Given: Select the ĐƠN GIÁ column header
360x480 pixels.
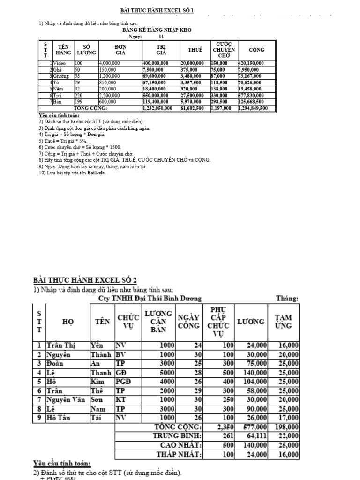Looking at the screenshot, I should [120, 50].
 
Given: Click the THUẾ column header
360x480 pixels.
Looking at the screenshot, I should [195, 50].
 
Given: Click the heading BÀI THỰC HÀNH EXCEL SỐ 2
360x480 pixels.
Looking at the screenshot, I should [85, 280].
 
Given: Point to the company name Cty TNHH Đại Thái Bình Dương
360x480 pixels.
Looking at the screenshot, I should [150, 298].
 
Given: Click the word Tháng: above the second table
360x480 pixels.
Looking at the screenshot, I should [287, 298].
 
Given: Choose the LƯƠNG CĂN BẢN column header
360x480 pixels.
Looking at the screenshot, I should [158, 322].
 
